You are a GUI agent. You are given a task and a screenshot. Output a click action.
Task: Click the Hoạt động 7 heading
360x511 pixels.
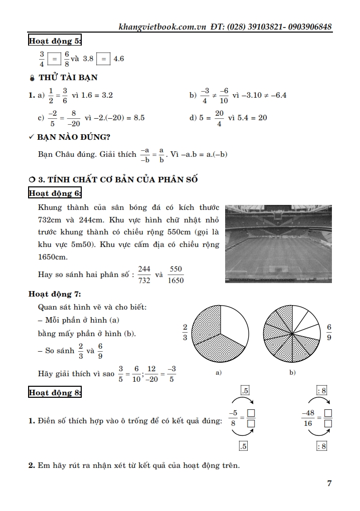(x=55, y=294)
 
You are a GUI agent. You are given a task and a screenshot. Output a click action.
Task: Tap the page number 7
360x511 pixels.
(x=329, y=483)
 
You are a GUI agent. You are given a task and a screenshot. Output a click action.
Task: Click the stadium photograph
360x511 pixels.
(x=278, y=244)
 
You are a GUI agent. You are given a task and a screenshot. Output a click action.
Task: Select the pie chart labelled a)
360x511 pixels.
(x=221, y=334)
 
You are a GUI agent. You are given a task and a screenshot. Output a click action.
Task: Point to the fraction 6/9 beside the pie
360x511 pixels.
(x=329, y=332)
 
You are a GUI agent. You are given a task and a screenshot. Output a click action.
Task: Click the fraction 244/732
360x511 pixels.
(x=144, y=275)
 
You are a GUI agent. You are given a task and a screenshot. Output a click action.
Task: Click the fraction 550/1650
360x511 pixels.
(x=176, y=275)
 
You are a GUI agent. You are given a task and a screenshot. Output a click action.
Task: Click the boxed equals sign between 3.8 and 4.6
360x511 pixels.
(x=103, y=59)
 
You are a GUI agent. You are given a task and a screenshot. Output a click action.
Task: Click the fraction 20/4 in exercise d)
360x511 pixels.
(x=219, y=118)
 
